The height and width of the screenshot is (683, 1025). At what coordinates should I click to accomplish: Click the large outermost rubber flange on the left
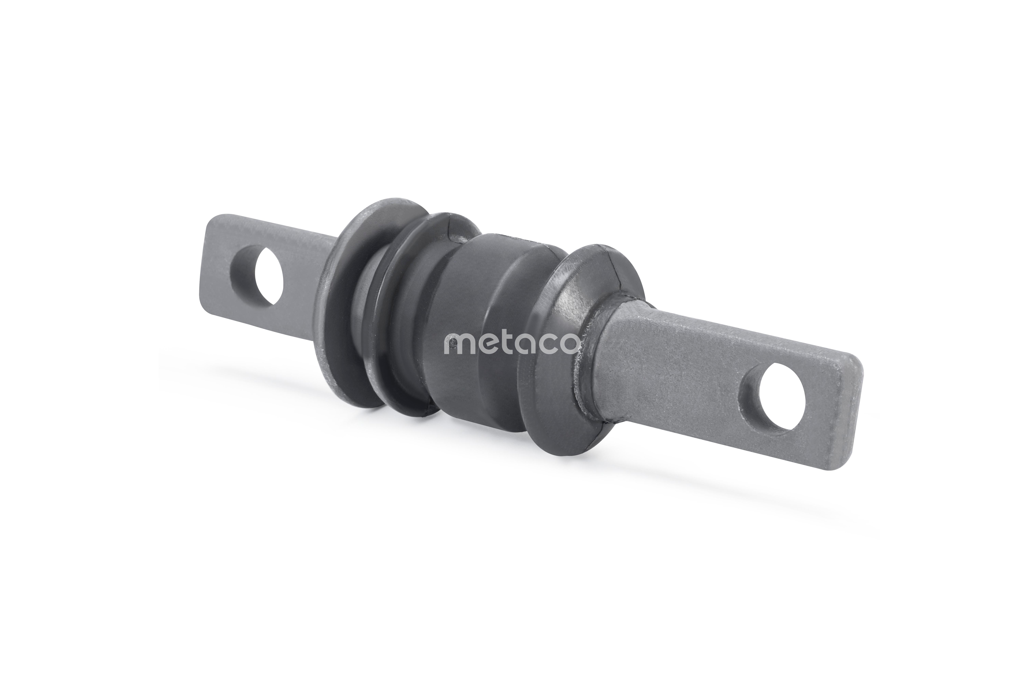344,305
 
